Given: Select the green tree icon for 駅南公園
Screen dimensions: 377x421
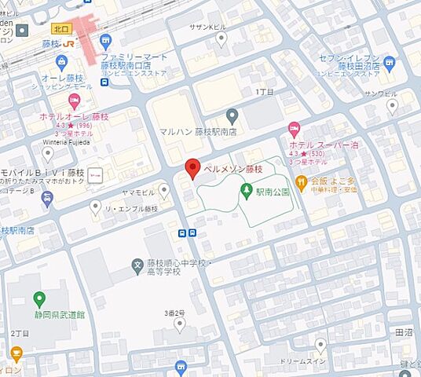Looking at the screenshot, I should (x=247, y=190).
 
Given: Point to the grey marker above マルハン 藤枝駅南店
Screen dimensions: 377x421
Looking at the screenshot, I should (x=232, y=115).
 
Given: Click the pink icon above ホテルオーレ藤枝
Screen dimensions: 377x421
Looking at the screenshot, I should (x=75, y=100).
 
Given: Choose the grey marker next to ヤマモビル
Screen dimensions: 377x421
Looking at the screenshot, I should (x=163, y=189).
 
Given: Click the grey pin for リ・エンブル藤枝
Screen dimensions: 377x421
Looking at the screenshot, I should (x=96, y=207).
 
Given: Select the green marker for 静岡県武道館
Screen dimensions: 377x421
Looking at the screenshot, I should (x=39, y=299).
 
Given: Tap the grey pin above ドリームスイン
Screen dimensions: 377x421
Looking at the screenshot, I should (x=320, y=345).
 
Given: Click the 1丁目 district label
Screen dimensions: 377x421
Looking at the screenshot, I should (x=265, y=92).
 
